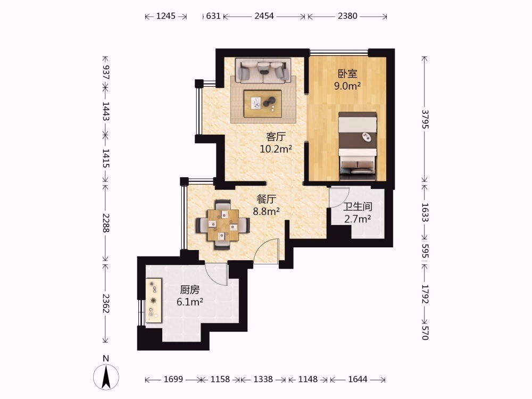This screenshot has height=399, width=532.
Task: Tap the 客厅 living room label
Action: (x=276, y=137)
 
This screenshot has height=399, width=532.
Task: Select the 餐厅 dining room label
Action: (x=267, y=199)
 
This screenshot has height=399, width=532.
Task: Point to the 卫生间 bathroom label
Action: (x=358, y=206)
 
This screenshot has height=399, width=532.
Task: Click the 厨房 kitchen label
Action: (x=190, y=290)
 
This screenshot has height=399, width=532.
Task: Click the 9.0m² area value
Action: (x=347, y=86)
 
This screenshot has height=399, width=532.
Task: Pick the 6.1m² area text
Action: (x=190, y=302)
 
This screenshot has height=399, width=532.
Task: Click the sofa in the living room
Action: (x=263, y=71)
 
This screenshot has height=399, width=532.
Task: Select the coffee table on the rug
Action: (x=263, y=104)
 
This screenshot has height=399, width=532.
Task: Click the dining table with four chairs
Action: (x=222, y=225)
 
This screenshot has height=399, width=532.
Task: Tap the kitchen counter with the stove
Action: (x=153, y=300)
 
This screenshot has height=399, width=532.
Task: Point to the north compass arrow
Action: (x=106, y=377)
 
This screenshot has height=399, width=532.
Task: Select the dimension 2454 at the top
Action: (x=264, y=16)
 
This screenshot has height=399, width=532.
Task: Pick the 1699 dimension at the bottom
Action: (x=173, y=379)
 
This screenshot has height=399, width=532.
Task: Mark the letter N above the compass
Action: (x=106, y=358)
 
